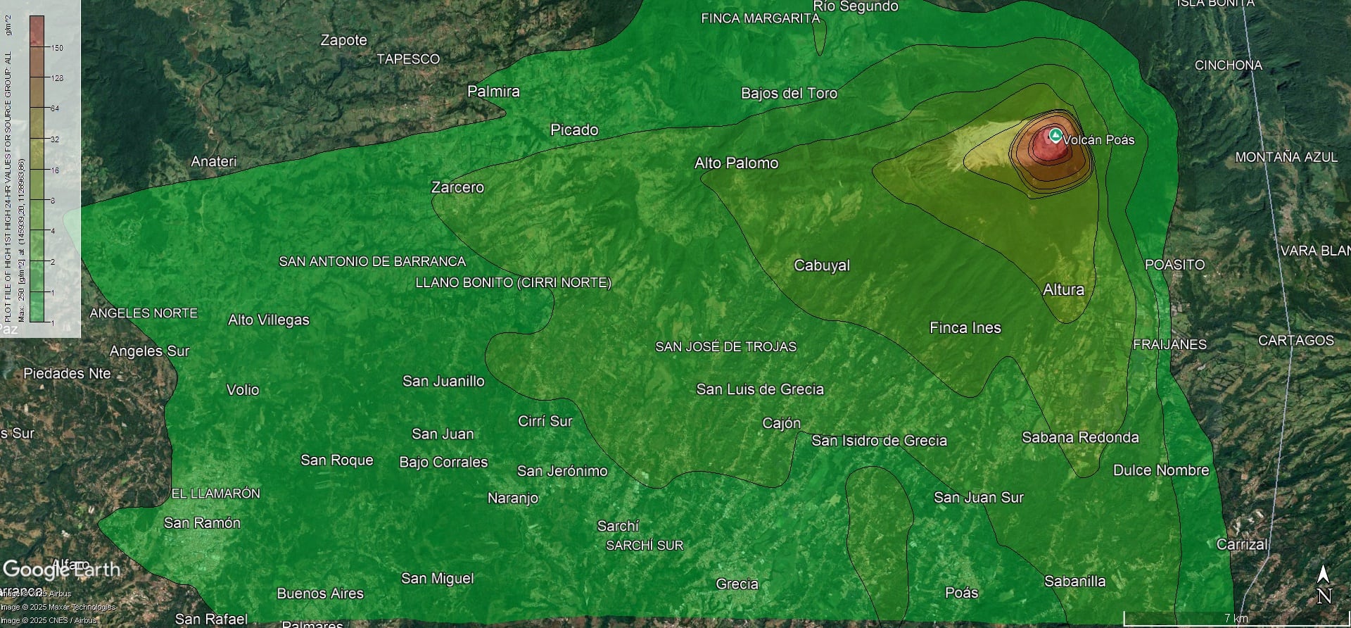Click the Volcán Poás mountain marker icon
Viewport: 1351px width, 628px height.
(x=1055, y=135)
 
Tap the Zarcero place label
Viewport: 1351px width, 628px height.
(x=457, y=187)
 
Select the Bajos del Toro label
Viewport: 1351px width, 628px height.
(x=789, y=93)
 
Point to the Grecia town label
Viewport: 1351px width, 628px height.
(x=737, y=584)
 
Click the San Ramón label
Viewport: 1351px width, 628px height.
(x=202, y=522)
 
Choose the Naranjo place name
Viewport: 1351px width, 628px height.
(x=513, y=498)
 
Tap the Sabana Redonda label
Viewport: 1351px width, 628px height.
(x=1080, y=437)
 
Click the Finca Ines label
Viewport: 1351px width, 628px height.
(x=965, y=327)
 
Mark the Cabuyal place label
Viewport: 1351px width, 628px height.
(x=822, y=265)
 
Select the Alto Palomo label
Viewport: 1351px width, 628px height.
(x=736, y=163)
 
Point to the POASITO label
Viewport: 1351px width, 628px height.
(x=1174, y=265)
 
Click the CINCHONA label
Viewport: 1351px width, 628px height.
(x=1228, y=65)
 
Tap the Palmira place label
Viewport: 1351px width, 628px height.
(x=493, y=92)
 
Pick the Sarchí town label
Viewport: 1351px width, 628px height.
(x=618, y=526)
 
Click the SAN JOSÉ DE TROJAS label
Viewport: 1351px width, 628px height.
(x=725, y=346)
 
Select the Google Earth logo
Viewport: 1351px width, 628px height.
(x=61, y=569)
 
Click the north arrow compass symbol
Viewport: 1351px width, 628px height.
(x=1324, y=584)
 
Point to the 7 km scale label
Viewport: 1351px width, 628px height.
(x=1236, y=618)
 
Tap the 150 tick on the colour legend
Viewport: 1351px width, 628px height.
(x=56, y=48)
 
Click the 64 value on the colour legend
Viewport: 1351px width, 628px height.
(x=54, y=108)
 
